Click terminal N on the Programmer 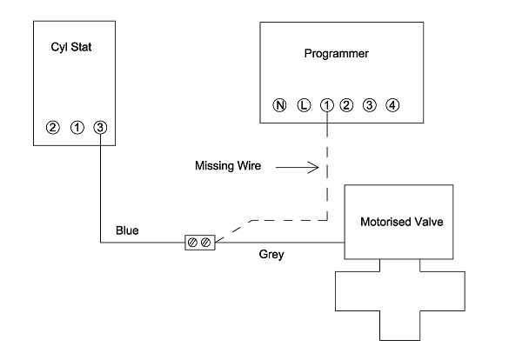click(x=279, y=105)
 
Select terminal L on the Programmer click(x=304, y=105)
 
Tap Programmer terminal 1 click(x=327, y=105)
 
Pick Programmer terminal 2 click(x=346, y=105)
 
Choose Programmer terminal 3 click(x=370, y=105)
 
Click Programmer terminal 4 click(x=392, y=105)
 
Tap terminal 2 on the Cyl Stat click(x=53, y=128)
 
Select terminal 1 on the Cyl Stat click(x=77, y=128)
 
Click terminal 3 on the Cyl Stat click(x=100, y=128)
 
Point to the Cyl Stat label click(x=71, y=47)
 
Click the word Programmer click(x=337, y=54)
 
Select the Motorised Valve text click(x=402, y=222)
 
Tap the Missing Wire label click(x=228, y=166)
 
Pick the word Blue click(x=127, y=230)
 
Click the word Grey click(x=271, y=254)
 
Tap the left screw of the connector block click(x=192, y=243)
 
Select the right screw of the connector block click(x=206, y=243)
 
